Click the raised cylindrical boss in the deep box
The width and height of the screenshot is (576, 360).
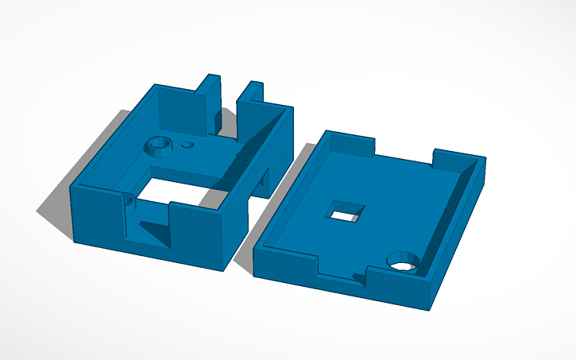click(x=158, y=145)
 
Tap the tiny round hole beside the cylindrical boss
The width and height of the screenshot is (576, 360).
click(x=188, y=145)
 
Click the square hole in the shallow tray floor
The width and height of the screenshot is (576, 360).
click(x=346, y=211)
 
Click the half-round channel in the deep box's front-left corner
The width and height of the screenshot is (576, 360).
click(x=127, y=202)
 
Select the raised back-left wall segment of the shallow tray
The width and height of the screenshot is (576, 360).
click(x=350, y=143)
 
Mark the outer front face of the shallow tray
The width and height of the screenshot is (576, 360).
click(x=342, y=286)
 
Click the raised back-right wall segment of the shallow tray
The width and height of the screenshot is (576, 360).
click(x=458, y=156)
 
